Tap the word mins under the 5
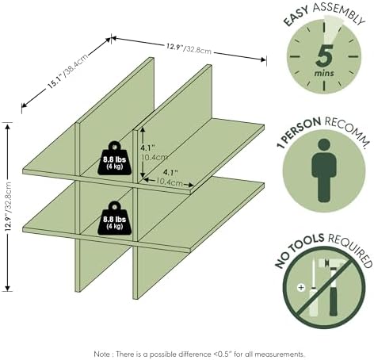pos(324,73)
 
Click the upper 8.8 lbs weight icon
pos(114,159)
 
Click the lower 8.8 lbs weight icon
pos(114,218)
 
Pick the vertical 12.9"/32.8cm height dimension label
pos(9,206)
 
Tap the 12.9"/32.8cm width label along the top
pos(189,48)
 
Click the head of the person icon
pos(324,145)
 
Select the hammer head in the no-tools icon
pos(332,263)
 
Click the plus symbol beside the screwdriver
pos(301,287)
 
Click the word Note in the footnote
pos(101,354)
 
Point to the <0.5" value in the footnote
pos(222,354)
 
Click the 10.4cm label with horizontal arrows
pos(170,182)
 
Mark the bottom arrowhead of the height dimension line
pos(8,288)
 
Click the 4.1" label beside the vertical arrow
pos(147,147)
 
